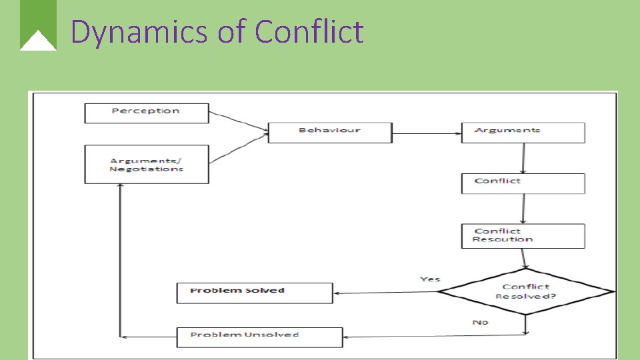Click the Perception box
[x=147, y=113]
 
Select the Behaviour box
[x=330, y=132]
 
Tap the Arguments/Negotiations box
[x=147, y=164]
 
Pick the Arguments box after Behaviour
[x=523, y=132]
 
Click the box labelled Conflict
[x=523, y=183]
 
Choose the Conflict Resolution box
[x=523, y=236]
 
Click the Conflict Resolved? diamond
[x=525, y=291]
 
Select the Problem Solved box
[x=254, y=293]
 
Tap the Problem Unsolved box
[x=259, y=337]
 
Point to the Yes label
[x=430, y=279]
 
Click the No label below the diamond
[x=480, y=322]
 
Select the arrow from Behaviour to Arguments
[x=427, y=133]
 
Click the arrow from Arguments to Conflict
[x=523, y=158]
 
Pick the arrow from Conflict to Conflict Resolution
[x=523, y=209]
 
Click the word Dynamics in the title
[x=140, y=32]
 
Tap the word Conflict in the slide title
[x=309, y=32]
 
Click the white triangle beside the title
[x=38, y=41]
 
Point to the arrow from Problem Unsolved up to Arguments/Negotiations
[x=119, y=260]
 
